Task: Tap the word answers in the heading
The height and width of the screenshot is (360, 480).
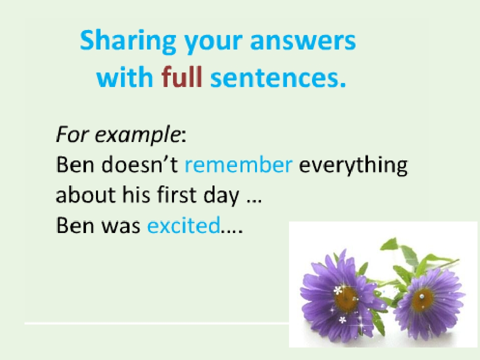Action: tap(303, 40)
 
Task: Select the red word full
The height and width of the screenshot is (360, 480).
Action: tap(182, 76)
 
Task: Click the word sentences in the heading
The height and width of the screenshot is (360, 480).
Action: tap(278, 78)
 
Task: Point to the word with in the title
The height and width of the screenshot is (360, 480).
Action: tap(124, 76)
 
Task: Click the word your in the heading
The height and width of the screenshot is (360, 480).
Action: tap(213, 43)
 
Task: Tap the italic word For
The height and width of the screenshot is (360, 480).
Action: tap(73, 134)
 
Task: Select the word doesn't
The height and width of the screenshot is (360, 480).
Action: tap(139, 164)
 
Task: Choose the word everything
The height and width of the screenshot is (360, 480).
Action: tap(353, 165)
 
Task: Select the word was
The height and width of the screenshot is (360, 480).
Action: tap(120, 226)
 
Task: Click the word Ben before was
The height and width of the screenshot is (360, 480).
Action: tap(75, 225)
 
